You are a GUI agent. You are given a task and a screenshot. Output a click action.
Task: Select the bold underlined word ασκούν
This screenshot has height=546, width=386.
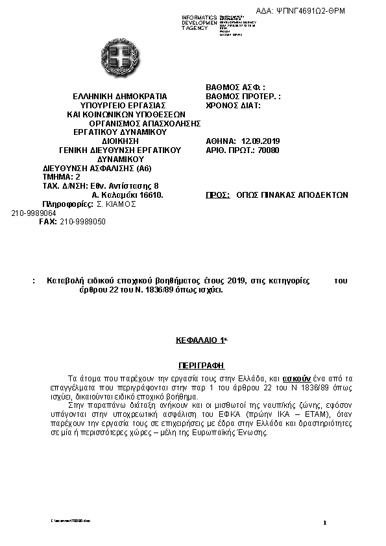pos(299,377)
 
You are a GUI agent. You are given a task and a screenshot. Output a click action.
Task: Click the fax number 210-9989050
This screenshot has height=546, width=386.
pos(83,221)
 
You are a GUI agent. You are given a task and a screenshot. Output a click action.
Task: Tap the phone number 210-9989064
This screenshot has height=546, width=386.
pos(34,212)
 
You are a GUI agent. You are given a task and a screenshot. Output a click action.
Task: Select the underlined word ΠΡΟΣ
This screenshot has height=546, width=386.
pos(219,195)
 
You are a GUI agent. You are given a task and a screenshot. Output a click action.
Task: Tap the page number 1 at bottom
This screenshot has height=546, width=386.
pos(324,523)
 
